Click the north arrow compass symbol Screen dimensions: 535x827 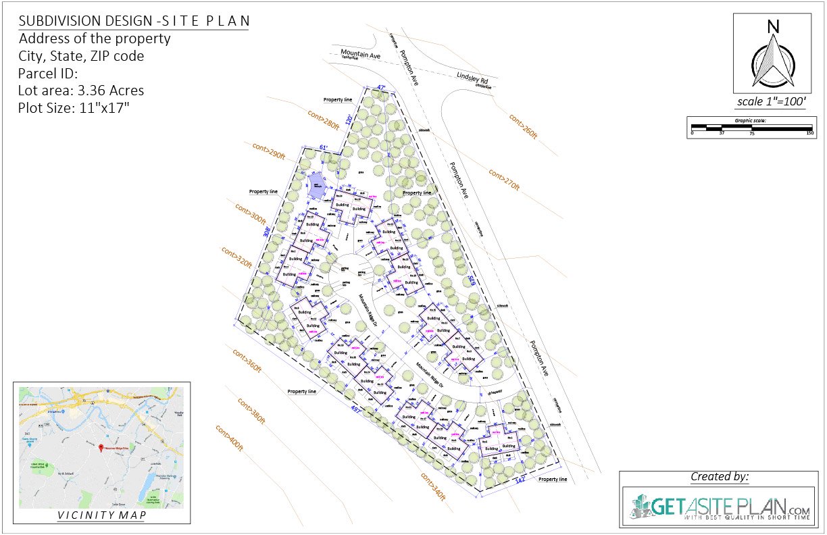point(773,57)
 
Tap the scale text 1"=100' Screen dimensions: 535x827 point(773,102)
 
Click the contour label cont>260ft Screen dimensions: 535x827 point(523,126)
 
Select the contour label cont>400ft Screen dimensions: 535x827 point(228,438)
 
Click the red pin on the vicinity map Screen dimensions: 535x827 point(101,448)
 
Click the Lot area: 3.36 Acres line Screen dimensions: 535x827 point(81,91)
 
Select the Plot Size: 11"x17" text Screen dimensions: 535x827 point(74,107)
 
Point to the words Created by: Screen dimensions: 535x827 point(720,477)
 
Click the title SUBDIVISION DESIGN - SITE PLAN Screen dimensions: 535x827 point(134,22)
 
